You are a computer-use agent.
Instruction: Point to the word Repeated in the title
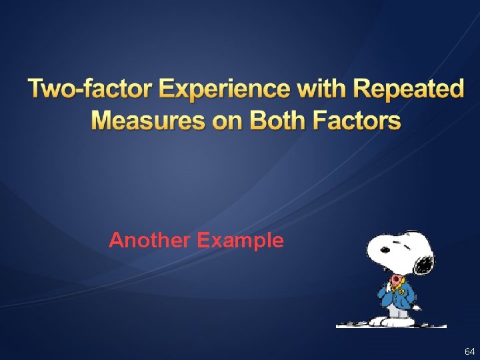(x=408, y=89)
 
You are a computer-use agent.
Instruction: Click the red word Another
(x=150, y=240)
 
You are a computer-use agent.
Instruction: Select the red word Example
(x=240, y=240)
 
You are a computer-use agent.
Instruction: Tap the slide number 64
(x=469, y=351)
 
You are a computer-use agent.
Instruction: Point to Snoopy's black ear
(x=423, y=264)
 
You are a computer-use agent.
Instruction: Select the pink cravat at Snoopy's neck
(x=396, y=279)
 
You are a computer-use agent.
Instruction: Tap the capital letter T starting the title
(x=37, y=89)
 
